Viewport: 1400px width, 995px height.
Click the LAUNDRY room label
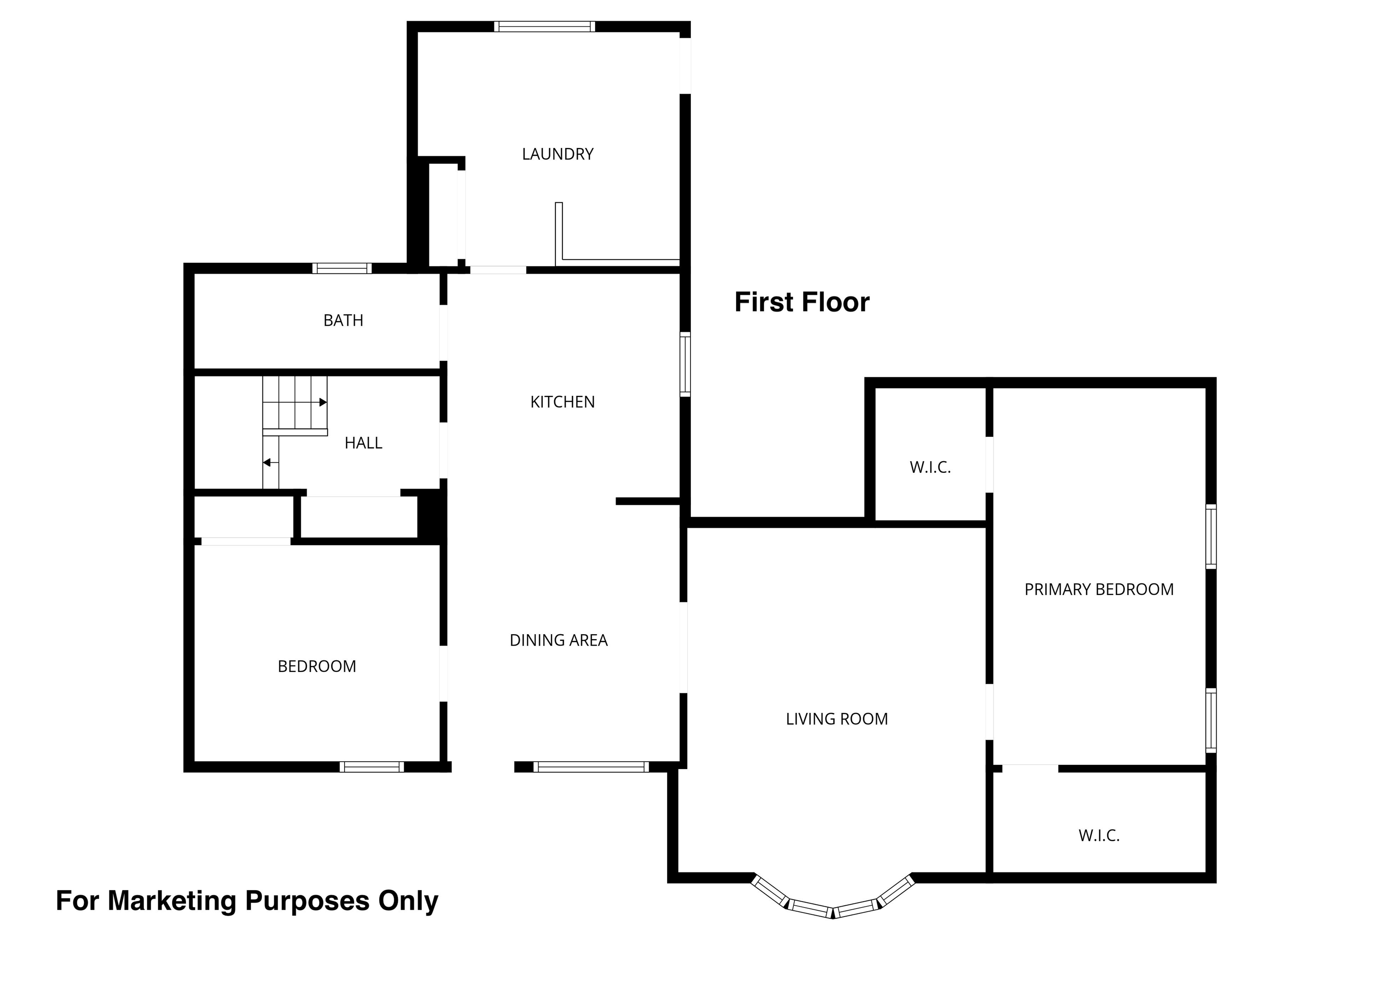pos(557,154)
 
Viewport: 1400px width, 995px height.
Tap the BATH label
pos(343,320)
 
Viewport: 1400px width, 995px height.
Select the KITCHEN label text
pos(562,402)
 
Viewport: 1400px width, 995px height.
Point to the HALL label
pos(363,443)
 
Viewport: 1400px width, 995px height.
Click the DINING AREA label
pos(559,640)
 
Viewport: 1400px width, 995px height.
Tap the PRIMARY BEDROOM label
pos(1099,590)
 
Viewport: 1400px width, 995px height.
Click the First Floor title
pos(802,302)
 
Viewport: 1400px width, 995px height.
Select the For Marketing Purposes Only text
pos(247,901)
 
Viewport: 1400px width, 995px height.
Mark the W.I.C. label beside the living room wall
pos(930,467)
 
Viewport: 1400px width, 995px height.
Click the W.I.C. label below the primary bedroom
pos(1099,836)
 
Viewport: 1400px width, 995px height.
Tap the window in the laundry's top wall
pos(545,26)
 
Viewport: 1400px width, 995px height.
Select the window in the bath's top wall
pos(342,268)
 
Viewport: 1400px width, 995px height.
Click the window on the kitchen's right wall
pos(685,364)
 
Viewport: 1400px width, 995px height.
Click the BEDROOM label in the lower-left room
pos(317,667)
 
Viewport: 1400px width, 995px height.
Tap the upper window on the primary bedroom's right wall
pos(1211,537)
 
